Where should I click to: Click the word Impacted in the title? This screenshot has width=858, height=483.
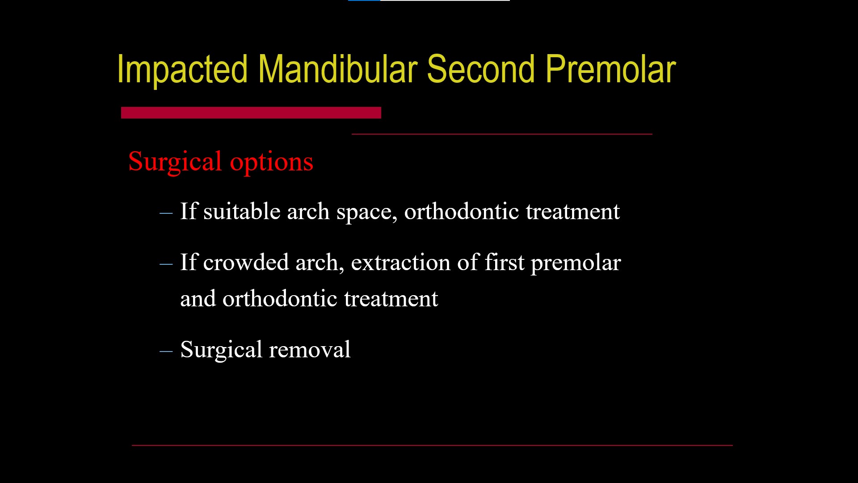click(x=182, y=70)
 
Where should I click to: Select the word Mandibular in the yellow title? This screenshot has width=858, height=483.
click(x=337, y=69)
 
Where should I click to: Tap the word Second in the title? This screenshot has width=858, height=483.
click(x=481, y=69)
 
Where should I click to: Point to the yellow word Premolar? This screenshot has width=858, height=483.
click(x=610, y=69)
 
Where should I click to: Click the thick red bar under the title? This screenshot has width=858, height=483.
click(x=251, y=113)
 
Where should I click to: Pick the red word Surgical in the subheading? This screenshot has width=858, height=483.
click(x=175, y=162)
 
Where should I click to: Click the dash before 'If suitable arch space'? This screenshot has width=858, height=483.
click(x=166, y=213)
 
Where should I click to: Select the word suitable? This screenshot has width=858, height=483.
click(x=242, y=211)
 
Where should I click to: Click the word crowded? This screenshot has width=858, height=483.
click(x=246, y=262)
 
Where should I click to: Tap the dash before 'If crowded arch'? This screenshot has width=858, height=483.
click(x=166, y=264)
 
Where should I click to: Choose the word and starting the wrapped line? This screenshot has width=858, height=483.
click(x=198, y=298)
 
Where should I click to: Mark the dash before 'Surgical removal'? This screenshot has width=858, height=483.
click(x=166, y=352)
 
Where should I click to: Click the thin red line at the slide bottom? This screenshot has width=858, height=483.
click(x=432, y=445)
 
